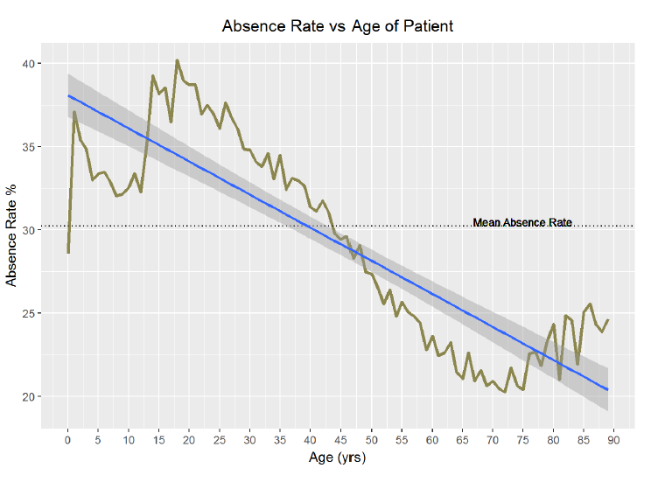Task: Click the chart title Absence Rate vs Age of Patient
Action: [x=338, y=25]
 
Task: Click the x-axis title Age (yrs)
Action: [x=338, y=458]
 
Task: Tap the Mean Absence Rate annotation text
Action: [x=521, y=223]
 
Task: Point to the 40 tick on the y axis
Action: [x=30, y=64]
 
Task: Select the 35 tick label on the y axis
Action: [x=30, y=147]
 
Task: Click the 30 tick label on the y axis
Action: [x=30, y=230]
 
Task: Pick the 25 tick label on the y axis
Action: [x=30, y=313]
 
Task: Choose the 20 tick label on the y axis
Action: [x=30, y=396]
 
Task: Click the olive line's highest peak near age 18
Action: [x=177, y=60]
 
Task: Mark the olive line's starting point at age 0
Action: [x=68, y=253]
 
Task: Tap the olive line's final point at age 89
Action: [x=607, y=320]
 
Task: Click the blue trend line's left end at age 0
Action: [x=68, y=96]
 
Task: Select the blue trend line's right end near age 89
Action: [x=607, y=389]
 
